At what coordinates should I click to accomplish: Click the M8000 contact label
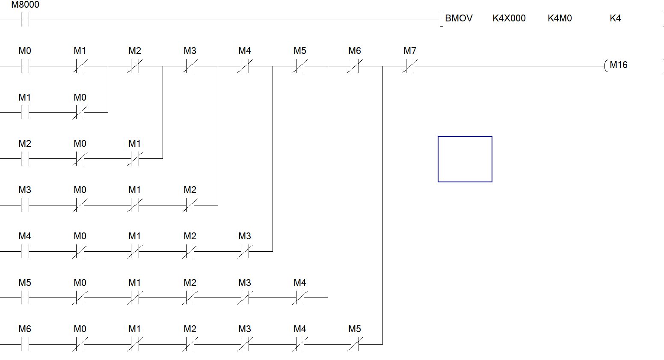click(x=25, y=5)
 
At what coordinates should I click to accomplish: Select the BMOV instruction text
click(x=459, y=18)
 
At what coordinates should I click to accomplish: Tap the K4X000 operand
click(x=509, y=18)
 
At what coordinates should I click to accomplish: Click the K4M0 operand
click(x=560, y=18)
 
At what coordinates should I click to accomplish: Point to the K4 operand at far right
click(x=615, y=18)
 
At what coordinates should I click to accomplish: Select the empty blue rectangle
click(x=465, y=159)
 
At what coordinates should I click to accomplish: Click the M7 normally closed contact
click(x=409, y=66)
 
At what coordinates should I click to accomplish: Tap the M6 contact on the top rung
click(x=355, y=66)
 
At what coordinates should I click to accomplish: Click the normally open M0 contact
click(x=25, y=66)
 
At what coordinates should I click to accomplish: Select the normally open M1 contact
click(x=25, y=113)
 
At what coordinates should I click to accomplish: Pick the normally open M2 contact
click(x=25, y=159)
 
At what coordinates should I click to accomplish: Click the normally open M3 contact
click(x=25, y=205)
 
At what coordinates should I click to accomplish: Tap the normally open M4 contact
click(x=25, y=251)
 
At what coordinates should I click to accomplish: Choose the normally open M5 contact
click(x=25, y=298)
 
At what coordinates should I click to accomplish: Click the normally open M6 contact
click(x=25, y=344)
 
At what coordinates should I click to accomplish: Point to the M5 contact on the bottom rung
click(x=355, y=344)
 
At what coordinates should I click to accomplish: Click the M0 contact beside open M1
click(x=80, y=113)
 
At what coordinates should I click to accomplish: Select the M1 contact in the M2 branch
click(x=134, y=159)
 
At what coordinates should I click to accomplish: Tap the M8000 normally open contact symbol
click(x=25, y=20)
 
